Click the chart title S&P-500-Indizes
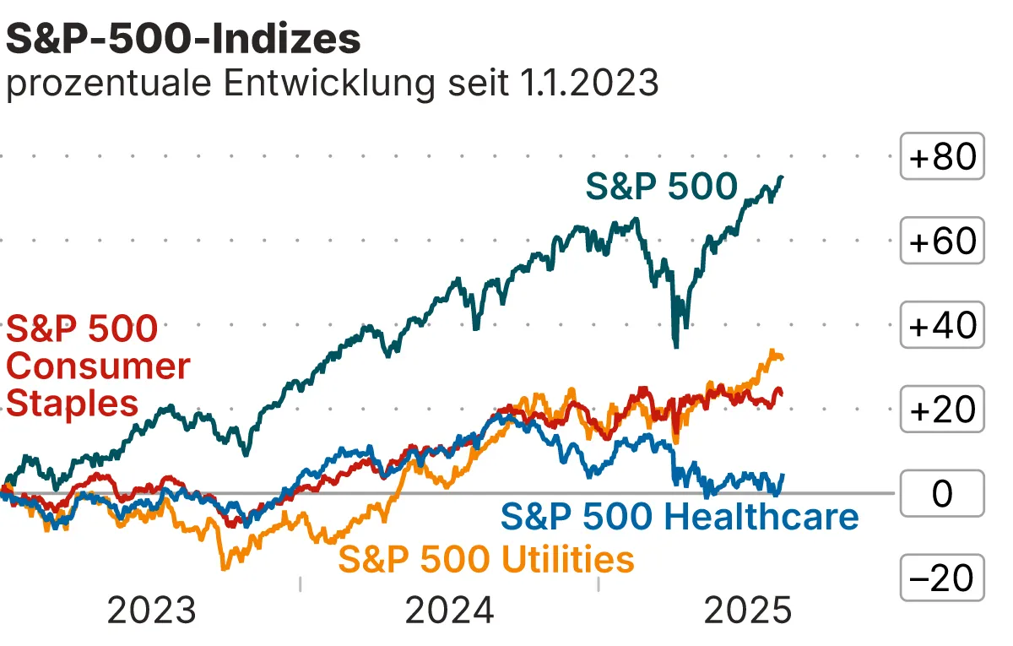click(183, 39)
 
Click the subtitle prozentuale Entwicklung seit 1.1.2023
click(332, 84)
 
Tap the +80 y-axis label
click(942, 157)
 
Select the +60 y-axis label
click(942, 242)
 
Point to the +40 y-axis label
click(942, 326)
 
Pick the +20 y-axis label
click(942, 410)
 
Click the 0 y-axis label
click(942, 494)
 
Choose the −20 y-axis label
click(942, 578)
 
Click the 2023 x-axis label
click(151, 611)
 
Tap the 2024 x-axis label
click(449, 611)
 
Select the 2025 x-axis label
click(748, 611)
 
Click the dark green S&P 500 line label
click(662, 187)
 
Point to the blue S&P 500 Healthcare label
click(680, 516)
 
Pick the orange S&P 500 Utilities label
click(486, 559)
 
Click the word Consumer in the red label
click(98, 366)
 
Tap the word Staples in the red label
click(72, 403)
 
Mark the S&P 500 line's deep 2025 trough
click(675, 345)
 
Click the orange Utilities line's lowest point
click(224, 568)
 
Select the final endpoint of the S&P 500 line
click(783, 177)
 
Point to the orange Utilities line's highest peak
click(771, 351)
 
